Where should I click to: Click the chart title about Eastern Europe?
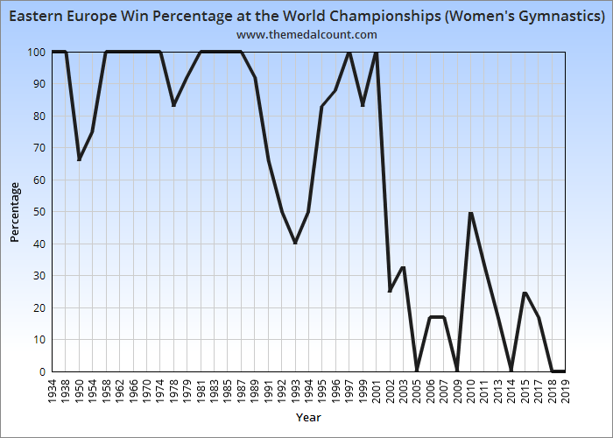(306, 16)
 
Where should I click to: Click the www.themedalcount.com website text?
(306, 34)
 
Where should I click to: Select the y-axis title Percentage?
(14, 211)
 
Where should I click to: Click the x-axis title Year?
(308, 417)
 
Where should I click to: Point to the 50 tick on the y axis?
(39, 212)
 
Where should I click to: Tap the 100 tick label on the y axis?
(36, 53)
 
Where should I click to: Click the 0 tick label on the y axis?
(42, 371)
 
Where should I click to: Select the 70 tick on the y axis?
(39, 148)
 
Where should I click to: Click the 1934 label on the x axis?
(53, 390)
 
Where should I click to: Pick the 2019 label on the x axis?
(566, 390)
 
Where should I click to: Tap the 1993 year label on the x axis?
(295, 390)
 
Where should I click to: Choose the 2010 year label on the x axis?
(471, 390)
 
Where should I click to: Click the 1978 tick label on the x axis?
(173, 390)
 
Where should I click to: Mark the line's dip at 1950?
(79, 159)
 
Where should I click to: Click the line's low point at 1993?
(295, 243)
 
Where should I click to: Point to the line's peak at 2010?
(471, 212)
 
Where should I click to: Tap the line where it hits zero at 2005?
(417, 371)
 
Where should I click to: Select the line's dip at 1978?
(173, 106)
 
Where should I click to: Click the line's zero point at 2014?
(511, 371)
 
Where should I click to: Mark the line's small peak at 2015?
(525, 293)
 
